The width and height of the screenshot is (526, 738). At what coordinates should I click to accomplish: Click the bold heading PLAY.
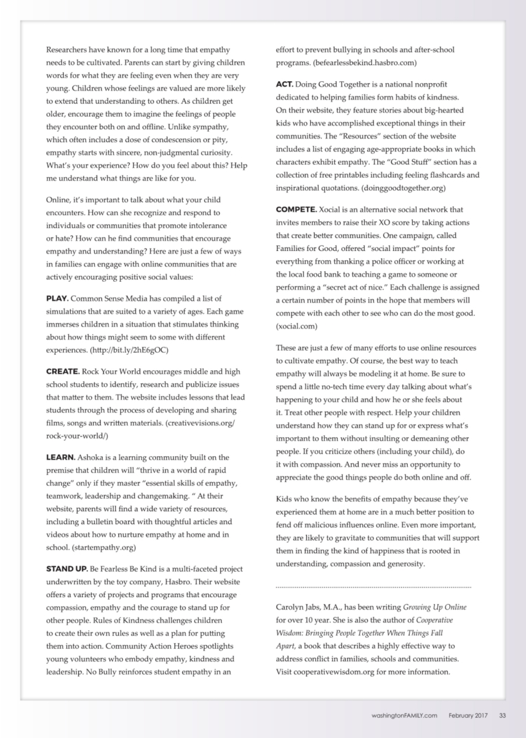(x=58, y=298)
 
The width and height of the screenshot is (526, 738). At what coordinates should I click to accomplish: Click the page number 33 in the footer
(x=502, y=715)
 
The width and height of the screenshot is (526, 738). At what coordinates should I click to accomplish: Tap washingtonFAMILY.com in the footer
(x=404, y=715)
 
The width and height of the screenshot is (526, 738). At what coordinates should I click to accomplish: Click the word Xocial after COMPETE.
(x=340, y=210)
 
